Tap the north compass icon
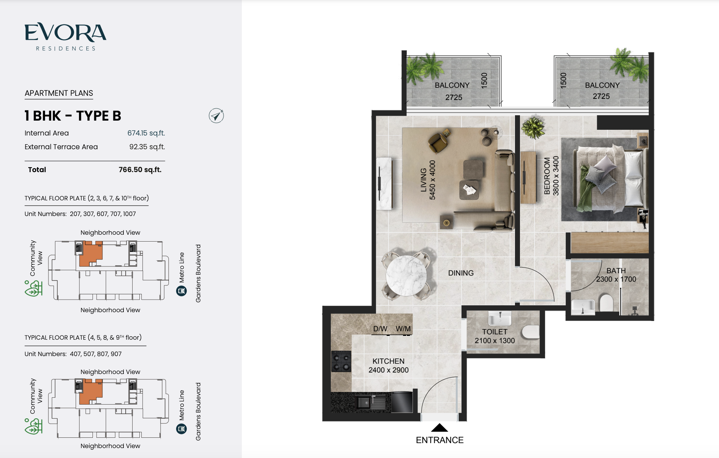tap(216, 116)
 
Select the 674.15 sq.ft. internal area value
tap(146, 133)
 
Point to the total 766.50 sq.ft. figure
tap(140, 170)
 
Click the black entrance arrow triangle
tap(439, 427)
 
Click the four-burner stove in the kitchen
tap(341, 361)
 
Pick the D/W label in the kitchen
tap(380, 329)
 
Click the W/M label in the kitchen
tap(403, 329)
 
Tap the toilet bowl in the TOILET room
tap(530, 332)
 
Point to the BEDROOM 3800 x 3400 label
tap(551, 176)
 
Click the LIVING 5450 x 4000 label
tap(428, 180)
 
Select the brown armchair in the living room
tap(439, 141)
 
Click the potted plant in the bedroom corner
tap(533, 127)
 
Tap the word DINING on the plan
tap(461, 273)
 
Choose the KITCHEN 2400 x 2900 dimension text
tap(389, 366)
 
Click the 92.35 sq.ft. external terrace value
tap(147, 147)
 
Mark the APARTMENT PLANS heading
tap(59, 93)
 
